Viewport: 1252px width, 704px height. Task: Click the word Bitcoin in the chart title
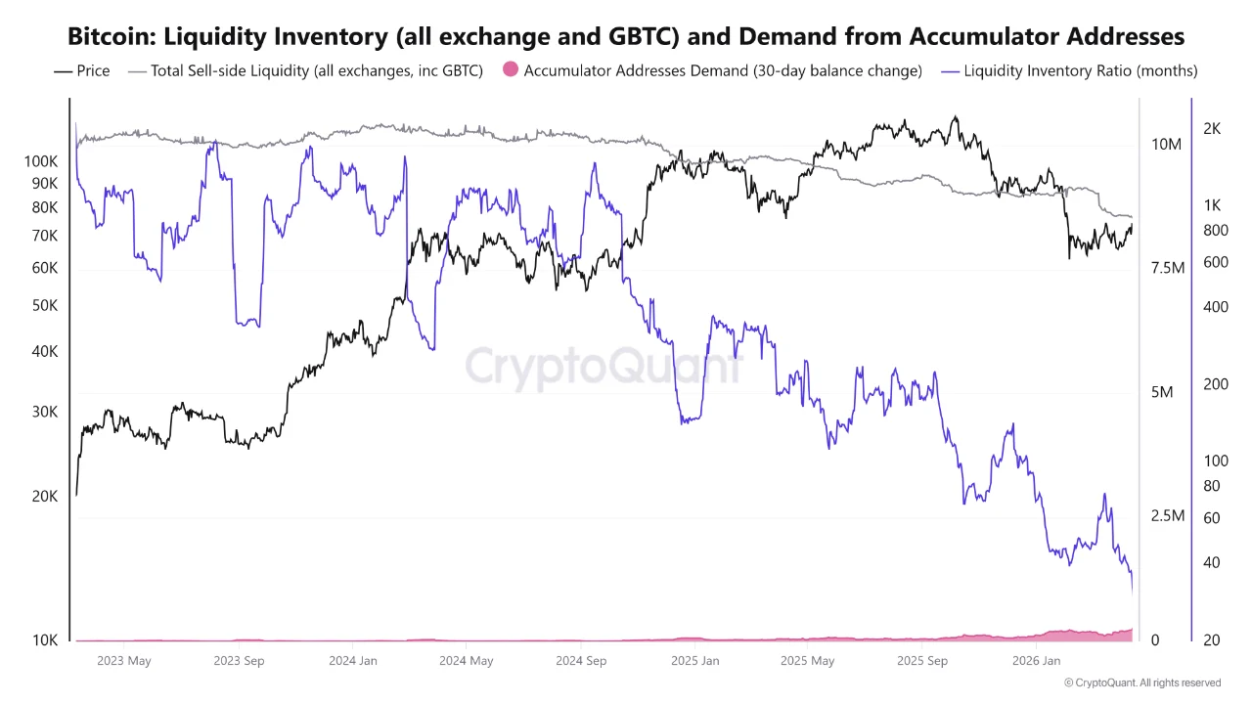pyautogui.click(x=109, y=36)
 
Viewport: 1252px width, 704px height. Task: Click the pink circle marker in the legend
pyautogui.click(x=510, y=70)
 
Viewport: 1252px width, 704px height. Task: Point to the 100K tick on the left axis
pyautogui.click(x=41, y=161)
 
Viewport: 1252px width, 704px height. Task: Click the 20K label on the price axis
pyautogui.click(x=45, y=496)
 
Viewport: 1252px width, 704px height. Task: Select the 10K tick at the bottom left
pyautogui.click(x=45, y=640)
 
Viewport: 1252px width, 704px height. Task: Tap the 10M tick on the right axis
pyautogui.click(x=1167, y=145)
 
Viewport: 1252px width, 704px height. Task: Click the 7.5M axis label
pyautogui.click(x=1168, y=268)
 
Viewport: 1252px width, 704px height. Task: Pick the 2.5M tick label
pyautogui.click(x=1168, y=516)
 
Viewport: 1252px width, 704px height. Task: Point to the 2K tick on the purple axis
pyautogui.click(x=1211, y=128)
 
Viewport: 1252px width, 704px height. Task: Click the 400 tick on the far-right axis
pyautogui.click(x=1216, y=307)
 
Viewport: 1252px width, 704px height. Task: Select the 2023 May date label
pyautogui.click(x=124, y=661)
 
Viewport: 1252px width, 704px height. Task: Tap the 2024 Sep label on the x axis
pyautogui.click(x=581, y=661)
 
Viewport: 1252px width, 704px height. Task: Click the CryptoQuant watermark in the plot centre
pyautogui.click(x=603, y=368)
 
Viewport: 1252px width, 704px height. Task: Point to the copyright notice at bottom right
pyautogui.click(x=1141, y=682)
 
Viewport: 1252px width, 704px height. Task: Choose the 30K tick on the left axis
pyautogui.click(x=45, y=412)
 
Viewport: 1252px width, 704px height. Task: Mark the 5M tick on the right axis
pyautogui.click(x=1162, y=392)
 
